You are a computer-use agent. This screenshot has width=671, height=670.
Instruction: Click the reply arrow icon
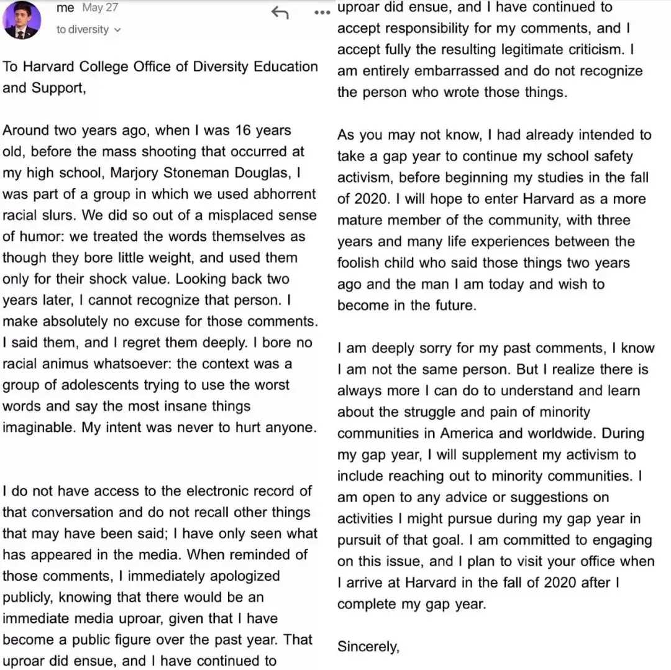coord(280,12)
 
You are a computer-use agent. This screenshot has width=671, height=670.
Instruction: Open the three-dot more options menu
coord(322,12)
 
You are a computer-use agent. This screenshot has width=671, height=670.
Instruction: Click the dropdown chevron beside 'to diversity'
coord(118,30)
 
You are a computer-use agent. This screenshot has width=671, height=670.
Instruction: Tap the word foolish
coord(362,263)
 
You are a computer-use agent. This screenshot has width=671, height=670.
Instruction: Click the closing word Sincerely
coord(367,647)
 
